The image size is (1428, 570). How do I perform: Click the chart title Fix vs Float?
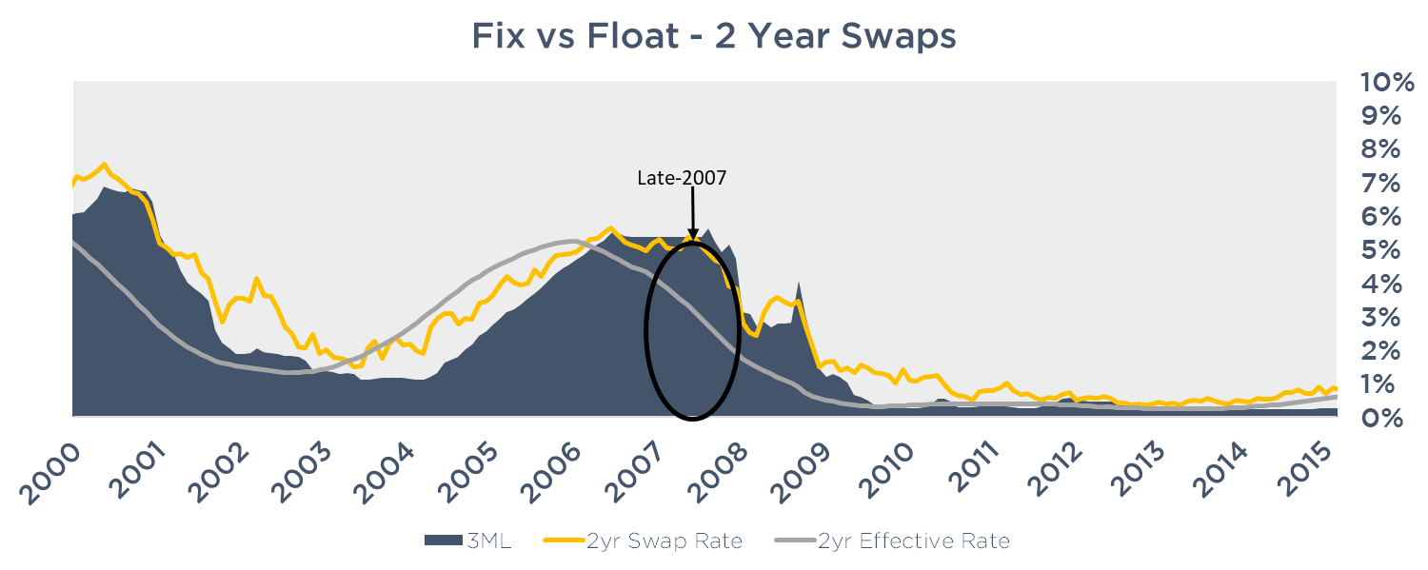(x=713, y=37)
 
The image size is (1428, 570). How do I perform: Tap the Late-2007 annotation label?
(x=682, y=177)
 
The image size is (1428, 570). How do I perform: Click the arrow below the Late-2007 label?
(x=692, y=213)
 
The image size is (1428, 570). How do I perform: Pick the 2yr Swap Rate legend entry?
(x=643, y=541)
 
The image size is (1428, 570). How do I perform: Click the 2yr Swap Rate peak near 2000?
(x=104, y=164)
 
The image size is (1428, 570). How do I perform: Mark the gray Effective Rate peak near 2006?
(x=569, y=241)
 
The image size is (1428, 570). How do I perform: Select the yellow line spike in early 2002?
(x=255, y=279)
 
